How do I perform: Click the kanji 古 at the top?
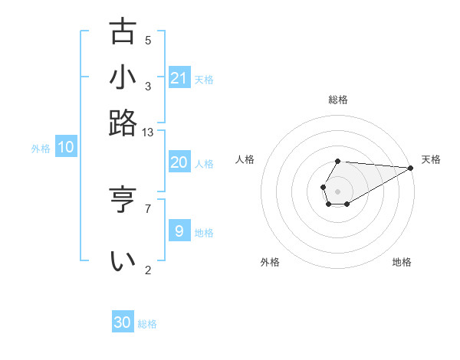tap(123, 32)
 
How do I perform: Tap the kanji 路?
tap(123, 123)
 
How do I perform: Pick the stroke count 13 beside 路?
tap(148, 133)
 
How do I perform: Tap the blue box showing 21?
tap(179, 78)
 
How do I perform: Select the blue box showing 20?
tap(179, 162)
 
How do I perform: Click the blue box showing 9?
tap(179, 231)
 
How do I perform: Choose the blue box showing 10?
tap(65, 148)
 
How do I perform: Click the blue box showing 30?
tap(123, 322)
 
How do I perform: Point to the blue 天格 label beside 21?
tap(204, 79)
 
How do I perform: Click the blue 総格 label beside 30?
tap(147, 324)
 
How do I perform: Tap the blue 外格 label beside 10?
tap(41, 149)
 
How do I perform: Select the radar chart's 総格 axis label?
tap(338, 100)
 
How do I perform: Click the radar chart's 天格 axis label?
tap(431, 159)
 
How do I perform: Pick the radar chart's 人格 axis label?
tap(245, 159)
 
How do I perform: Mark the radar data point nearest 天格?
tap(410, 168)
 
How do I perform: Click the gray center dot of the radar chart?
tap(337, 190)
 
